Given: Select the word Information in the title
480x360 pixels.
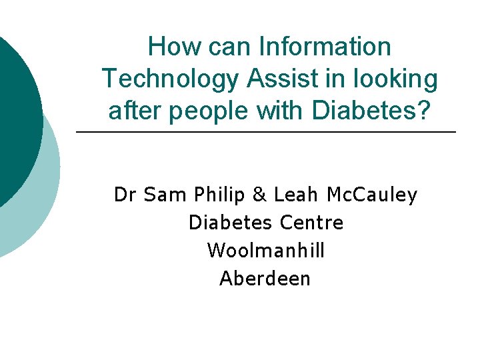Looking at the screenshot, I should click(x=325, y=47).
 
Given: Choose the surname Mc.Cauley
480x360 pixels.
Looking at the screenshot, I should click(x=373, y=195).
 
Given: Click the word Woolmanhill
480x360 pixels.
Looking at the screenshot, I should click(x=266, y=250).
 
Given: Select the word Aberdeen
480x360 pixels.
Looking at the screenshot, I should click(x=265, y=278).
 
